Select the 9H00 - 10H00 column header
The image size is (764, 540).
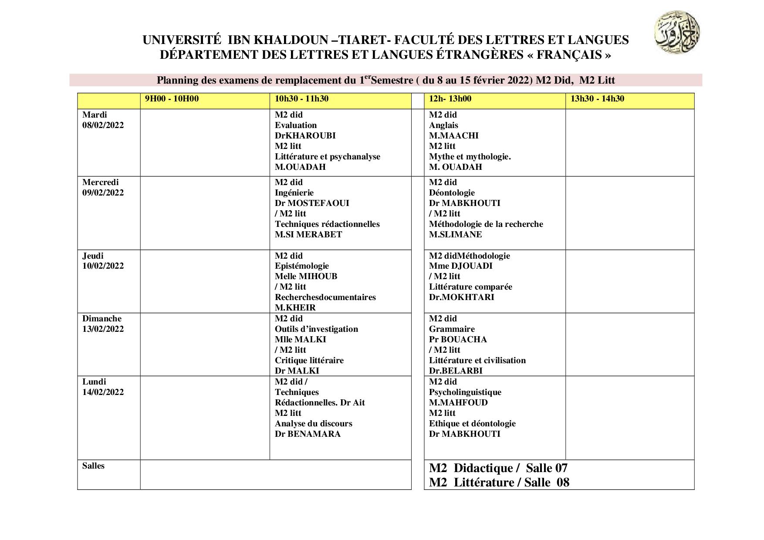(x=172, y=99)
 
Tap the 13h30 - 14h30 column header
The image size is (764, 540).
(x=597, y=99)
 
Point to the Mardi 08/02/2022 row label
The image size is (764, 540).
(x=103, y=120)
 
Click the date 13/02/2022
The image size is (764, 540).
(x=103, y=329)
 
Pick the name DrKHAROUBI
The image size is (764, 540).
(x=305, y=136)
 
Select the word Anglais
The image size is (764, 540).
(x=443, y=125)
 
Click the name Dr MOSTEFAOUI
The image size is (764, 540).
(x=312, y=203)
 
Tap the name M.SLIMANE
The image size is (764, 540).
(x=455, y=235)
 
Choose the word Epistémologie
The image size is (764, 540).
(x=302, y=266)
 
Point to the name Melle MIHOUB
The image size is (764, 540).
(x=306, y=277)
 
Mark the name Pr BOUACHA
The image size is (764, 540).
(x=458, y=340)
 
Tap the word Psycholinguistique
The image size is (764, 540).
(x=465, y=392)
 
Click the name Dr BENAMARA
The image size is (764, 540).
(x=308, y=434)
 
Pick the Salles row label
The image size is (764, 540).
(x=93, y=466)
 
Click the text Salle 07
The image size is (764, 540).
(x=547, y=468)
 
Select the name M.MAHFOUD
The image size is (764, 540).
(x=458, y=403)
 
